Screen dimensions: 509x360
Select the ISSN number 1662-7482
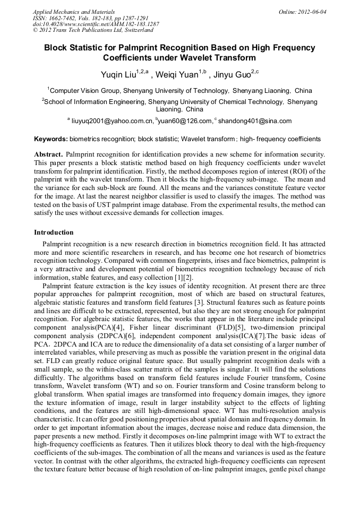pyautogui.click(x=69, y=18)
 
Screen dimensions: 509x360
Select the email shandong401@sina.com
pyautogui.click(x=255, y=121)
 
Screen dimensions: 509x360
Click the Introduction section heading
pyautogui.click(x=54, y=232)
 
